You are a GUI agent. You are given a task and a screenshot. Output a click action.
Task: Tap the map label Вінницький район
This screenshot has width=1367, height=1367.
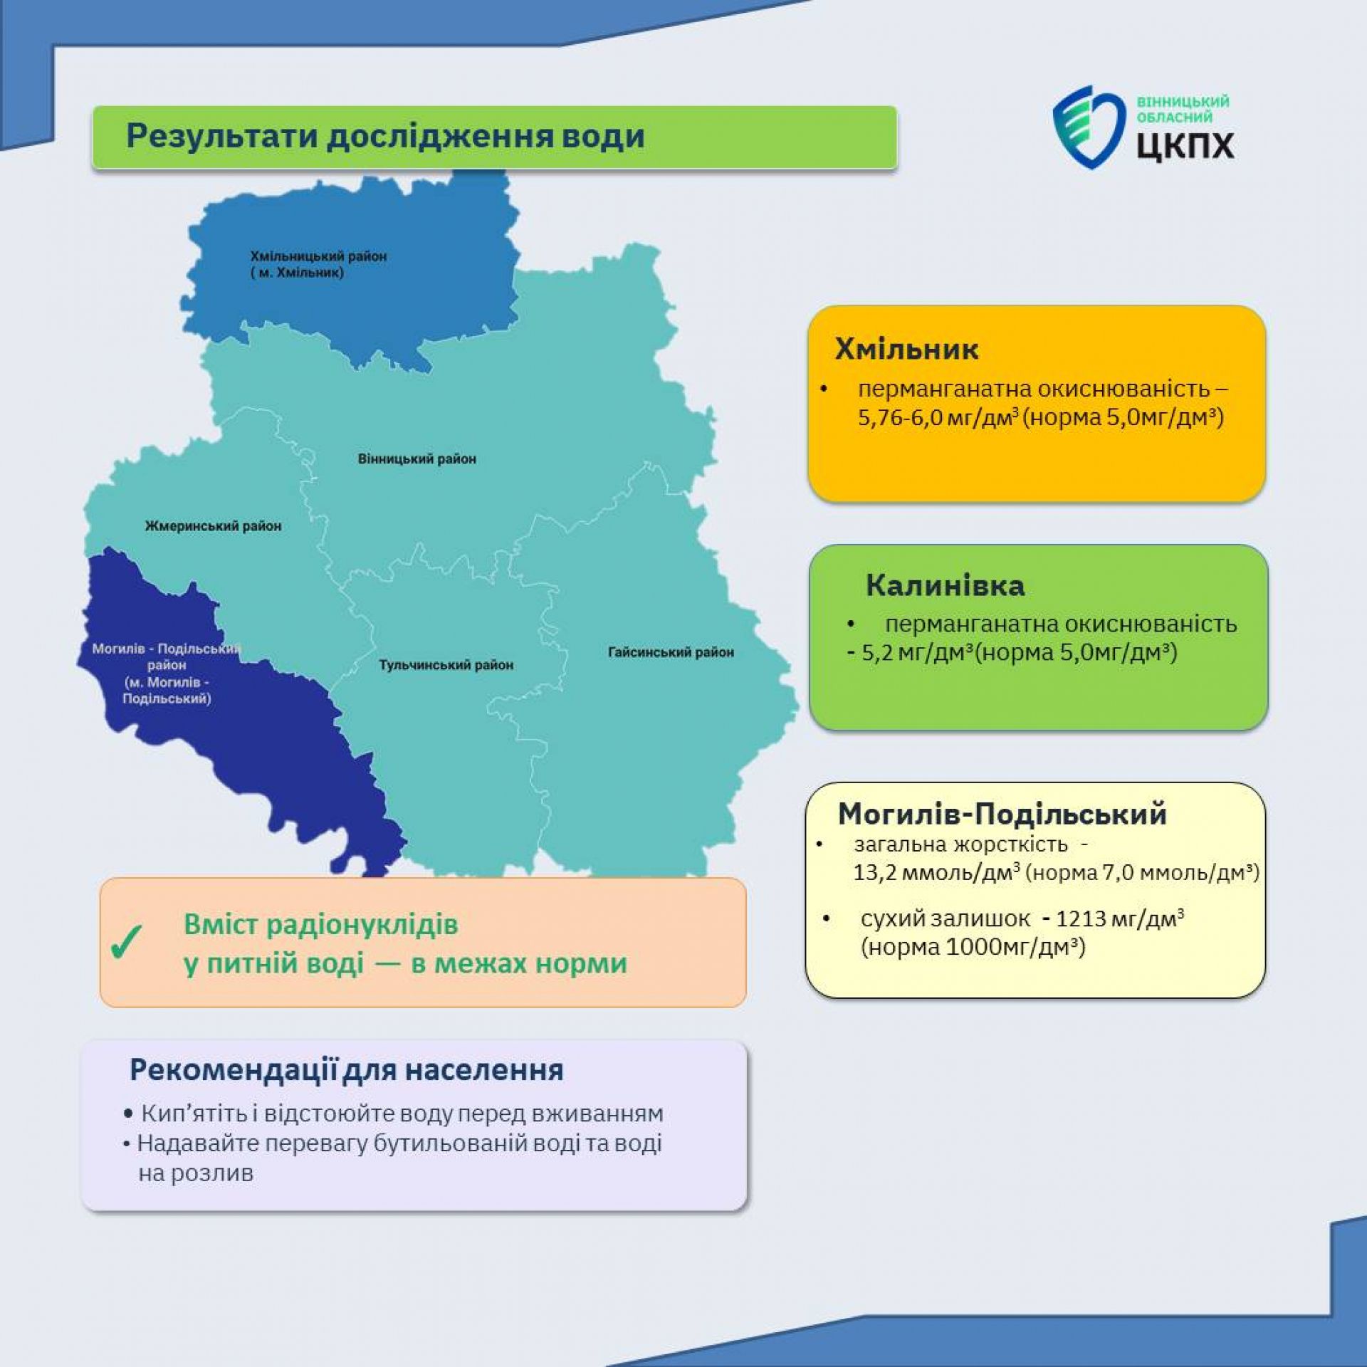click(x=417, y=459)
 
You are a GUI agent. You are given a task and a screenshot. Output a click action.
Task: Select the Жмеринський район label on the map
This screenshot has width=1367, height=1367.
click(x=213, y=526)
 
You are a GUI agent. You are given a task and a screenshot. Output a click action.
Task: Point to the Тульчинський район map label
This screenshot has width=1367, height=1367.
click(x=446, y=665)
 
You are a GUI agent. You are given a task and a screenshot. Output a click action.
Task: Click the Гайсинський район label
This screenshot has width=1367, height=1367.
click(x=671, y=652)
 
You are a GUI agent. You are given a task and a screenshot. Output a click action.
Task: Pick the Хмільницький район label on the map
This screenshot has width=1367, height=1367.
click(x=318, y=264)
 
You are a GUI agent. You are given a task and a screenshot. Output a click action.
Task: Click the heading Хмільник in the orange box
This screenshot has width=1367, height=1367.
click(x=906, y=349)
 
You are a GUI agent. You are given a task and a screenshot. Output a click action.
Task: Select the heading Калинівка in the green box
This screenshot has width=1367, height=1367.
click(x=945, y=585)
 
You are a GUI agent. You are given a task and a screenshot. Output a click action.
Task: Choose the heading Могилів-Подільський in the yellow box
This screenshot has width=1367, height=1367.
click(x=1002, y=814)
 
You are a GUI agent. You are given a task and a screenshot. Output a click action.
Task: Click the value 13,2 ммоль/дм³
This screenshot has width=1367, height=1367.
click(x=937, y=872)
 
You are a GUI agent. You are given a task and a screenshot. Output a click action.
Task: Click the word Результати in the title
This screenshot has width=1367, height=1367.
click(x=221, y=136)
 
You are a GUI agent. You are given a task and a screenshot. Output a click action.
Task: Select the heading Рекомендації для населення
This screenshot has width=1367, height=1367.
click(x=347, y=1070)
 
